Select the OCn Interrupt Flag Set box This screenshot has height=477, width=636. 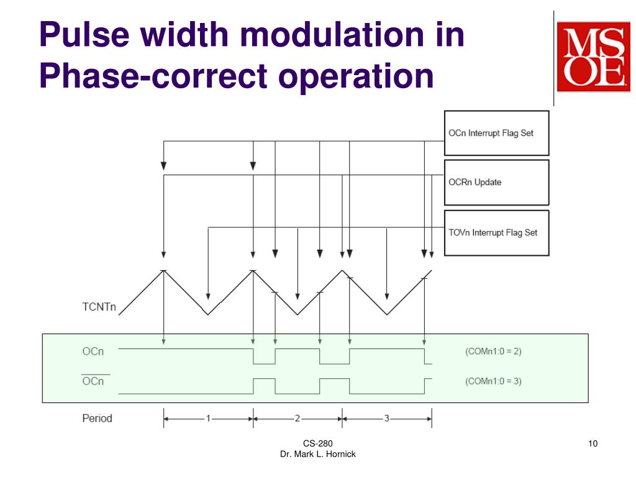click(496, 133)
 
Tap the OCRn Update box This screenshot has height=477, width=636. click(496, 183)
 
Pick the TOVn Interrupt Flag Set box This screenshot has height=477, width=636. click(496, 233)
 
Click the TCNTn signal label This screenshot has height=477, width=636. click(99, 307)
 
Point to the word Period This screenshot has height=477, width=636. click(97, 418)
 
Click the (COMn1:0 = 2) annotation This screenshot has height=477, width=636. click(493, 351)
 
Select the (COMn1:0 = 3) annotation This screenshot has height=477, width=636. click(493, 381)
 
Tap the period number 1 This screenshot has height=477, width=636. click(208, 418)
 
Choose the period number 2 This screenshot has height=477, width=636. click(298, 418)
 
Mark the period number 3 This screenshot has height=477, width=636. click(386, 418)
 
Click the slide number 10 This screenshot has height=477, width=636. click(592, 443)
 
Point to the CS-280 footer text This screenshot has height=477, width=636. click(318, 443)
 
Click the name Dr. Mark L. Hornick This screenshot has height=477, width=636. click(318, 455)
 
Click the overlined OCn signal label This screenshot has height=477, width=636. click(93, 381)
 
